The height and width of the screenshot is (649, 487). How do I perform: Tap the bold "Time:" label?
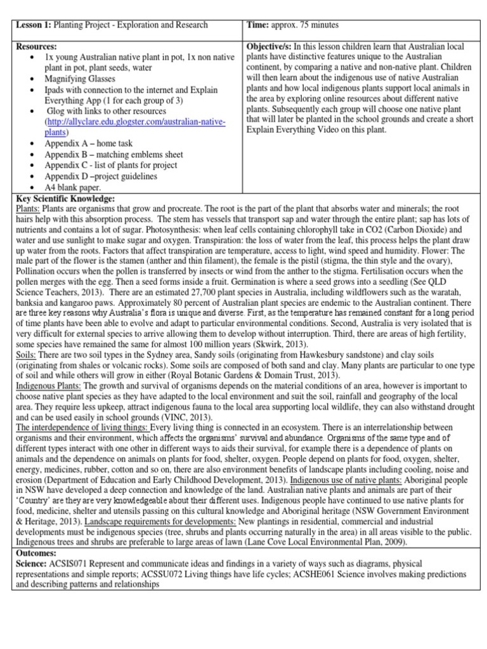click(258, 25)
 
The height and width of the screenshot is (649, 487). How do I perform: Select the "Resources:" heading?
click(37, 47)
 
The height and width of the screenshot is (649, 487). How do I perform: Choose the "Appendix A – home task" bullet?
click(89, 144)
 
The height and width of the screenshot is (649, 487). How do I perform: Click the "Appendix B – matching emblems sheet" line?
click(114, 155)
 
